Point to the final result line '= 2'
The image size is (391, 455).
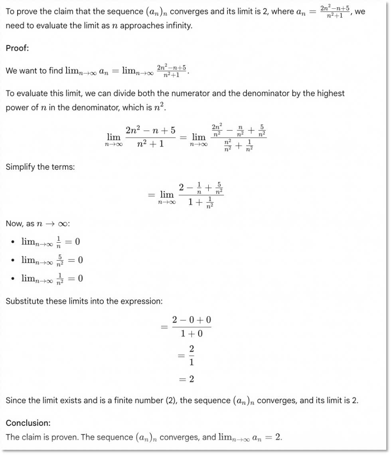click(x=186, y=379)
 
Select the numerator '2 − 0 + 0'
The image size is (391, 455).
click(x=192, y=320)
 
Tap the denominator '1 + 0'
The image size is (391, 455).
click(x=192, y=333)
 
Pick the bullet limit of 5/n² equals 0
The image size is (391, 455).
click(x=52, y=260)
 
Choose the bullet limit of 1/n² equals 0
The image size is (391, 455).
click(x=52, y=278)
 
